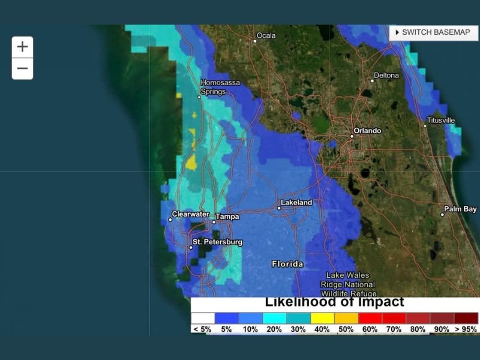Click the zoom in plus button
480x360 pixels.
tap(22, 47)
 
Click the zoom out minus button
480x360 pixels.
tap(22, 68)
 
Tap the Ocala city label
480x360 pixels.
tap(266, 36)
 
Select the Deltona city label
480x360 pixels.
tap(386, 76)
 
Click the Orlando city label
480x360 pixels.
tap(367, 131)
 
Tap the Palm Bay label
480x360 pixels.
tap(460, 209)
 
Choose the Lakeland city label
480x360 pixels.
tap(296, 203)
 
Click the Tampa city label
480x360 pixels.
tap(227, 217)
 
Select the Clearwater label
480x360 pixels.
tap(190, 214)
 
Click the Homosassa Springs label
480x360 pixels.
tap(214, 88)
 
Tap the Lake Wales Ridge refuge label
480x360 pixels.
tap(348, 284)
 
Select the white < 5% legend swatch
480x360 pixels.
tap(203, 318)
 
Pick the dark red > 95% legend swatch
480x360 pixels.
tap(466, 318)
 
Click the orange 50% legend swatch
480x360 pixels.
tap(347, 318)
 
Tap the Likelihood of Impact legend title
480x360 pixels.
tap(334, 302)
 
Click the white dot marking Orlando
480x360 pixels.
tap(352, 136)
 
